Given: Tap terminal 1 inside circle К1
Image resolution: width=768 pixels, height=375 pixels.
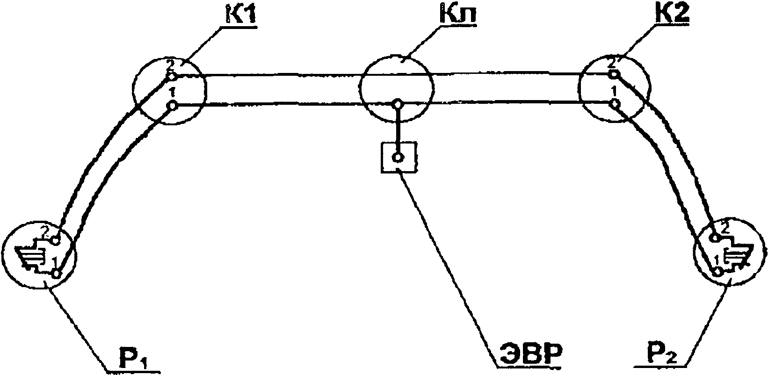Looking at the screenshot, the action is click(x=173, y=106).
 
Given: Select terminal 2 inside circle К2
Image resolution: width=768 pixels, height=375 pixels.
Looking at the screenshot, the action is click(x=614, y=74).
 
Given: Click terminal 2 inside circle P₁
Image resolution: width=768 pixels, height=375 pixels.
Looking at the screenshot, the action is click(x=56, y=240).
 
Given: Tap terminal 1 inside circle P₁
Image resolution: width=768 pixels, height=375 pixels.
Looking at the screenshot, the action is click(x=57, y=274).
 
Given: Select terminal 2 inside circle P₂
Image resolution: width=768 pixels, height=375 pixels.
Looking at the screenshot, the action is click(x=714, y=238).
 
